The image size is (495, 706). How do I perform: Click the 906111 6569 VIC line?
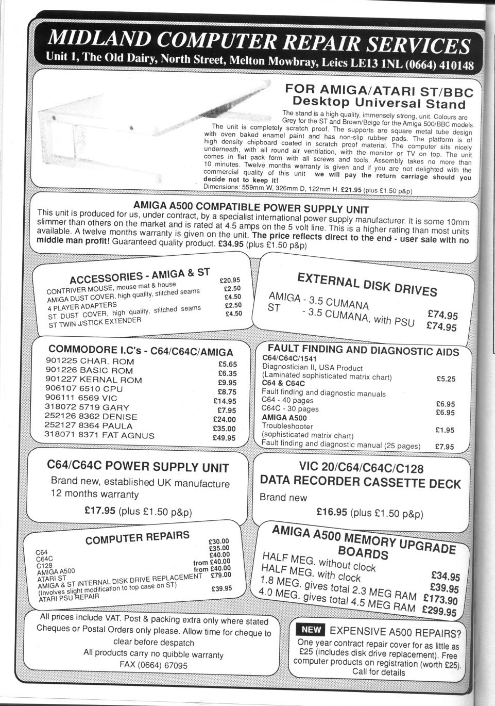click(81, 398)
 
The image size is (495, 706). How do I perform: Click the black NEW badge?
click(311, 629)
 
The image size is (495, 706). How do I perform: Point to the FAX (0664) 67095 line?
click(153, 665)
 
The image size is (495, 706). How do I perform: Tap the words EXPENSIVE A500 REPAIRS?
click(395, 631)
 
